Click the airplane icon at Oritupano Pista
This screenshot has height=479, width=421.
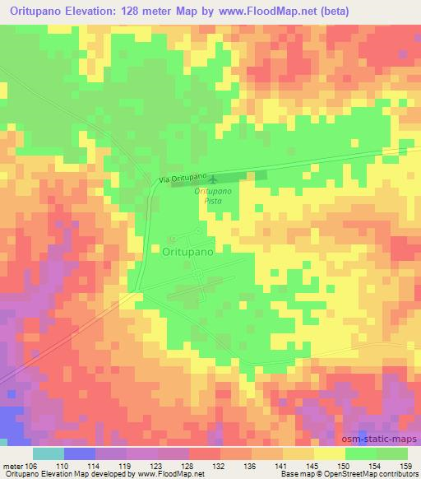[214, 179]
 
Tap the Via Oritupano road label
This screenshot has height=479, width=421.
[180, 179]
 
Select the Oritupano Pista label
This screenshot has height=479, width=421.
[213, 196]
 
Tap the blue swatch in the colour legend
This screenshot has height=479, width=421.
[80, 453]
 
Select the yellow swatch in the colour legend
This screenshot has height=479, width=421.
[330, 453]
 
